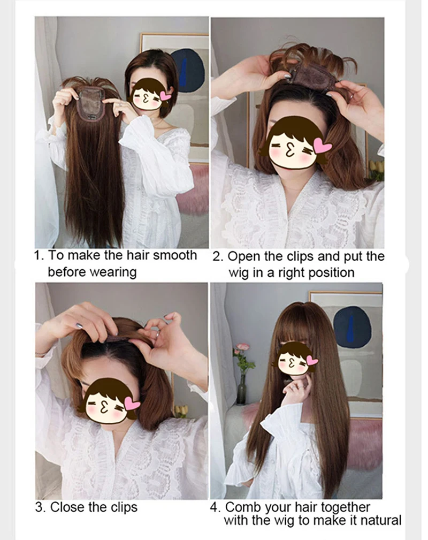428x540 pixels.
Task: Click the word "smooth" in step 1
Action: coord(175,255)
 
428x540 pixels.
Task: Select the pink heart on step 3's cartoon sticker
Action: coord(132,404)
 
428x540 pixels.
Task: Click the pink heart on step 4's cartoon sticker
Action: coord(312,361)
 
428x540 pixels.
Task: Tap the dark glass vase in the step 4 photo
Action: coord(241,389)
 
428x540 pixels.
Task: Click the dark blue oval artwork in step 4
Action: coord(352,327)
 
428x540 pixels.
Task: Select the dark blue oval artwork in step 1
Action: coord(189,70)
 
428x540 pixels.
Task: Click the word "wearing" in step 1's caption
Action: coord(113,272)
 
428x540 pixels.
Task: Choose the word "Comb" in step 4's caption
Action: coord(241,507)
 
